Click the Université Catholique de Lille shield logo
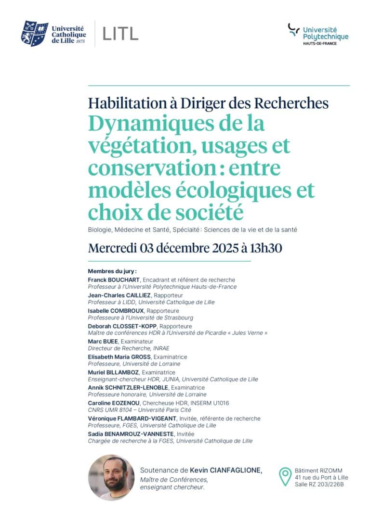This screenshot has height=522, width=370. [35, 33]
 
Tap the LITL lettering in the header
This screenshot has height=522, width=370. [120, 33]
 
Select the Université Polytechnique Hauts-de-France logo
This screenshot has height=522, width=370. [318, 34]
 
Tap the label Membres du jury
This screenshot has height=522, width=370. [112, 271]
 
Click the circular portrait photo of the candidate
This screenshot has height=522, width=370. [111, 478]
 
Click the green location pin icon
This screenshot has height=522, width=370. [285, 477]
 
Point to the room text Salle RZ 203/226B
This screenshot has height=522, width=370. [319, 484]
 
